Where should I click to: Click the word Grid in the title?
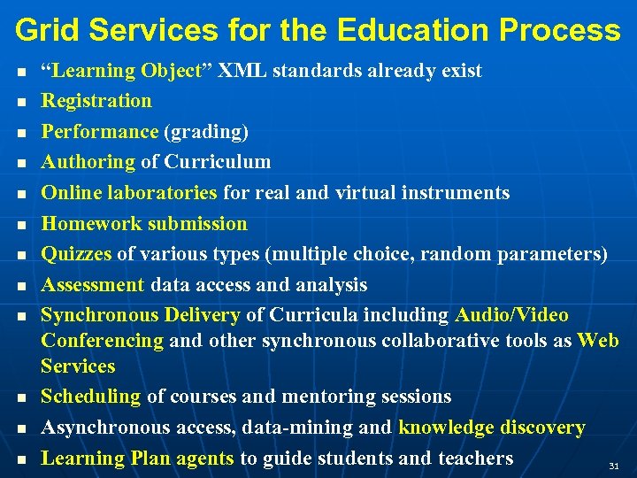coord(45,30)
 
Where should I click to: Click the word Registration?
coord(96,101)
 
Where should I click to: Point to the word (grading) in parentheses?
coord(206,132)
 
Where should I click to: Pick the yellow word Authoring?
coord(88,162)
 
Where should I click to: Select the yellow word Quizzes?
coord(77,254)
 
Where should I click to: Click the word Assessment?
coord(93,285)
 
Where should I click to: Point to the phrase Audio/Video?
coord(511,315)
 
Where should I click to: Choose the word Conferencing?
coord(102,340)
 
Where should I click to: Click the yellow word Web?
coord(598,340)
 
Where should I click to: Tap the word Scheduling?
coord(91,397)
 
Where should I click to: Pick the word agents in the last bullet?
coord(202,459)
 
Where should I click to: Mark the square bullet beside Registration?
coord(20,102)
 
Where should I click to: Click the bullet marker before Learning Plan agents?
coord(20,459)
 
